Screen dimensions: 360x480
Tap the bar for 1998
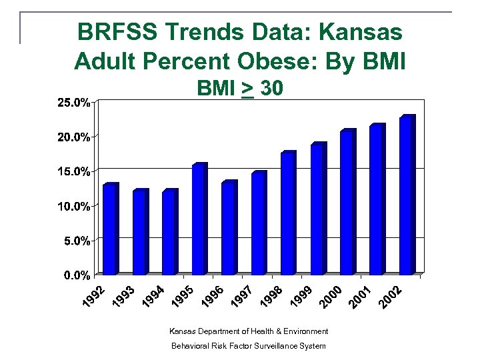288,213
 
